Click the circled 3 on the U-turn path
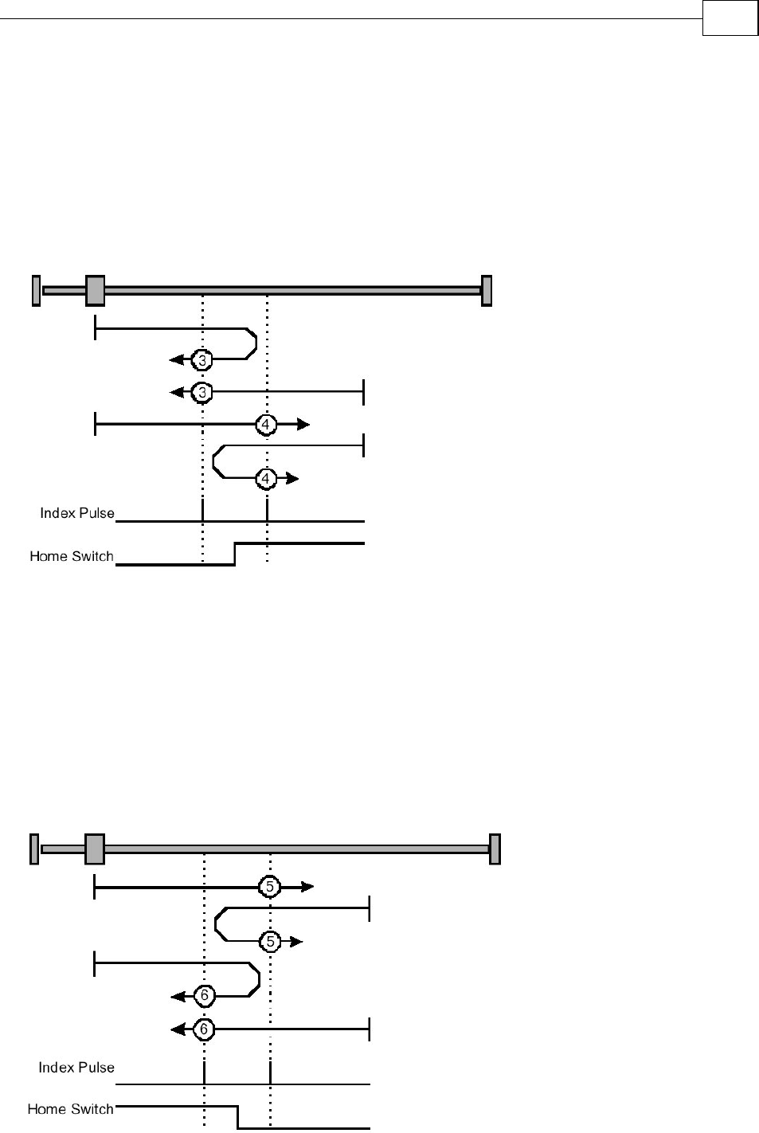[202, 360]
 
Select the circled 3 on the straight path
[202, 392]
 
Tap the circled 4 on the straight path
[266, 425]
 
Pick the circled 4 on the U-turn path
[266, 478]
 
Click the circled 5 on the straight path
[270, 886]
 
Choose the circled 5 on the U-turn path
[270, 942]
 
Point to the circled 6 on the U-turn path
[205, 995]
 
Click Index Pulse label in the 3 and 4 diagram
[77, 513]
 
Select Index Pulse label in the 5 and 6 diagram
[76, 1067]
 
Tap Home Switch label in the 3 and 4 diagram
[72, 556]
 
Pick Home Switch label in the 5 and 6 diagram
[71, 1108]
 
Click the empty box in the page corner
[730, 18]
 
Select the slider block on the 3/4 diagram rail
[95, 290]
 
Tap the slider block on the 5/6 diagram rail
[94, 849]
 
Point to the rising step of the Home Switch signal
[235, 554]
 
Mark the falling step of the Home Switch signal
[237, 1117]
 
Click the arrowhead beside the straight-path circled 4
[303, 425]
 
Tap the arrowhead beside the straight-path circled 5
[307, 886]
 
